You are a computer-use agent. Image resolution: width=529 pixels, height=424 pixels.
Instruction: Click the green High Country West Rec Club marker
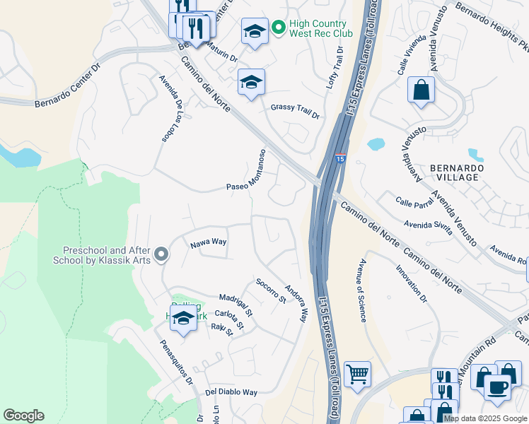pyautogui.click(x=279, y=28)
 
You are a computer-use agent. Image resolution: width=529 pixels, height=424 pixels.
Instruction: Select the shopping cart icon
pyautogui.click(x=358, y=375)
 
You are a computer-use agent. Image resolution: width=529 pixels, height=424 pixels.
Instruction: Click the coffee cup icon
pyautogui.click(x=497, y=387)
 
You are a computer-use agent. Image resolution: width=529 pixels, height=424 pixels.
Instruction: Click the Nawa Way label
pyautogui.click(x=208, y=242)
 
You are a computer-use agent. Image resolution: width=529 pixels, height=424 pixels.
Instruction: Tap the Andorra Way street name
pyautogui.click(x=296, y=304)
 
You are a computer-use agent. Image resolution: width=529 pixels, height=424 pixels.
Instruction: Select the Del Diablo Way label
pyautogui.click(x=231, y=391)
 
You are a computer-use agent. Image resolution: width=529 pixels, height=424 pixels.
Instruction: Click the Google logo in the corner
pyautogui.click(x=23, y=416)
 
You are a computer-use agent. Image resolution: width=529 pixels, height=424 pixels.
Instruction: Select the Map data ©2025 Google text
pyautogui.click(x=485, y=418)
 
